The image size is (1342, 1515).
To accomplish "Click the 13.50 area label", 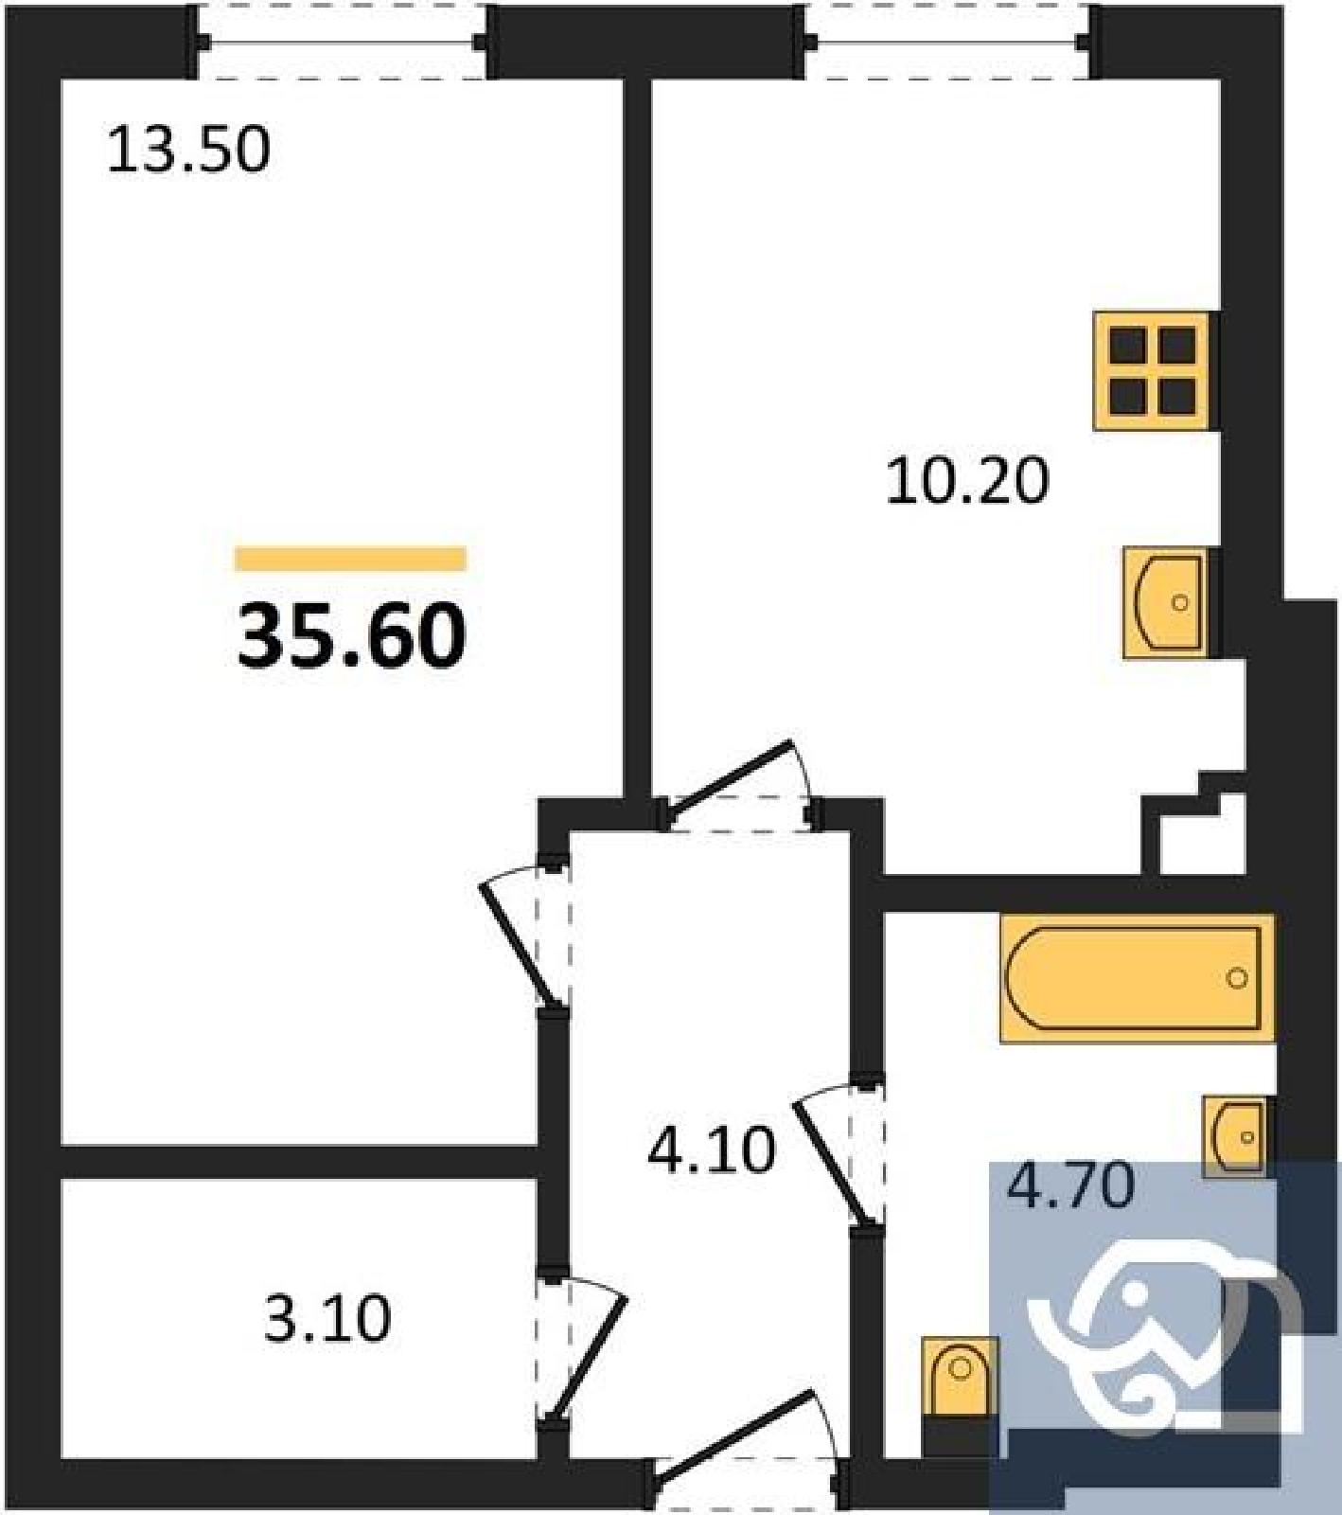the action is [188, 150].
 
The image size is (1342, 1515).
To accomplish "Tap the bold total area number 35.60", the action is [351, 636].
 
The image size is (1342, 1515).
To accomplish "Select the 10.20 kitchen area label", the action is [967, 480].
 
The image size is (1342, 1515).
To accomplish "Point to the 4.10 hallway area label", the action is [712, 1150].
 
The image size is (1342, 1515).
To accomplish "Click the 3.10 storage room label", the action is [327, 1319].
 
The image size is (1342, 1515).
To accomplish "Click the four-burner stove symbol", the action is [1153, 370].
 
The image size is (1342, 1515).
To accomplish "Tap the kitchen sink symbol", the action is [1166, 603].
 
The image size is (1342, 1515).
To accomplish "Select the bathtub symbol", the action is [1137, 978].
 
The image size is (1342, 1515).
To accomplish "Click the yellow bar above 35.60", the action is [351, 559].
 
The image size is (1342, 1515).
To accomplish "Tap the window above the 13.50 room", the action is [342, 42].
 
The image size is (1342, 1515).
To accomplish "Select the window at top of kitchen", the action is [947, 42].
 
